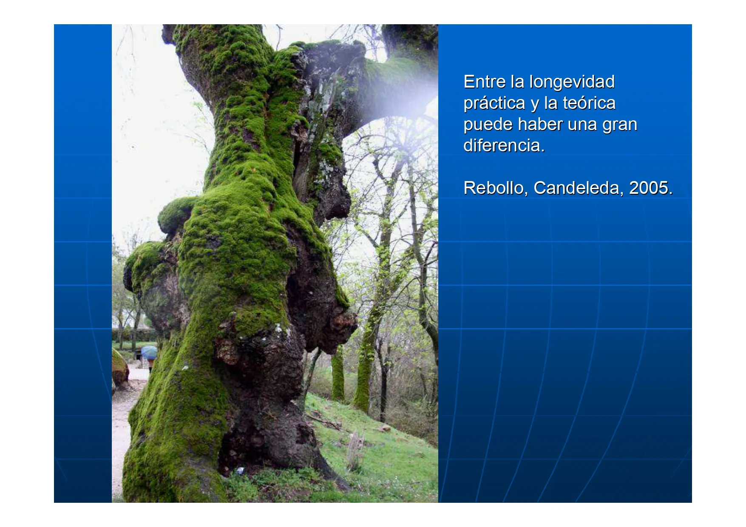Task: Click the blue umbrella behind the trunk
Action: tap(149, 352)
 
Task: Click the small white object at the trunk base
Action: tap(240, 471)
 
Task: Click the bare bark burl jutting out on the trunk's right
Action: tap(342, 323)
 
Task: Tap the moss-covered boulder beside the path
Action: tap(119, 368)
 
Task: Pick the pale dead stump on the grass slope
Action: tap(354, 450)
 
